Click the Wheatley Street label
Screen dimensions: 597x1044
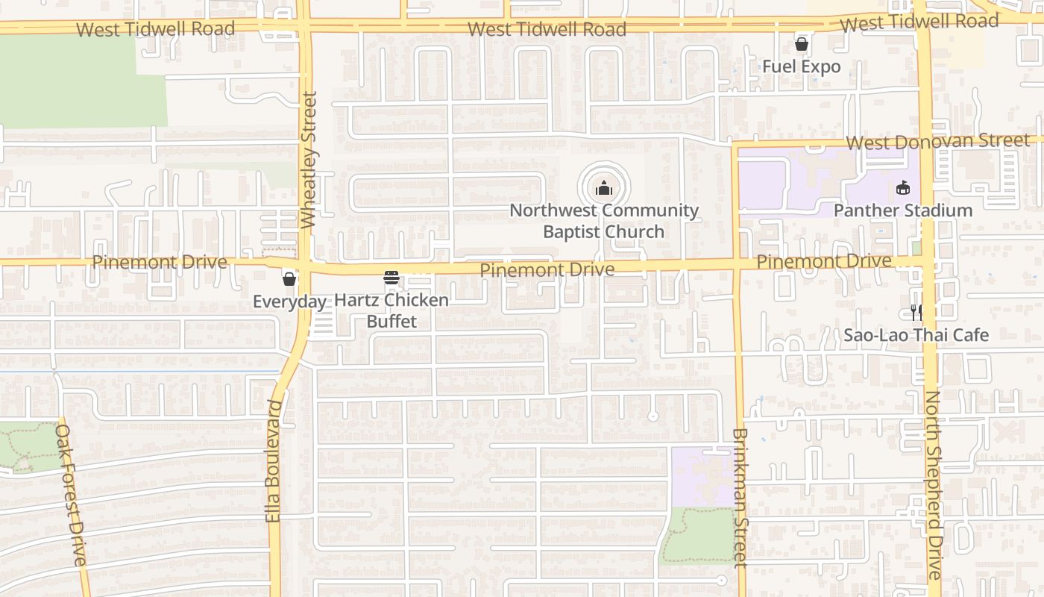309,159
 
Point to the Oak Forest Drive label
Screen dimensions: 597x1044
72,495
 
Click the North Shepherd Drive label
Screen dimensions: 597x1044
934,485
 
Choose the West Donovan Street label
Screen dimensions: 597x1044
938,142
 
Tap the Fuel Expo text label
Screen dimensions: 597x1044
801,66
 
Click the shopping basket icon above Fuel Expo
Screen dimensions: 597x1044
802,44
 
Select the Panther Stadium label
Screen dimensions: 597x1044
902,210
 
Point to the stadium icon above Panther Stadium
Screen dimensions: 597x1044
903,187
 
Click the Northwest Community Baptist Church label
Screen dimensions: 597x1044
604,221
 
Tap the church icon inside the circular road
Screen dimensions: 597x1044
604,188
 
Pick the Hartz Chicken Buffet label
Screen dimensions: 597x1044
391,310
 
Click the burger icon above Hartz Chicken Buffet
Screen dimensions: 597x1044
391,278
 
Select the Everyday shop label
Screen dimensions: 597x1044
289,301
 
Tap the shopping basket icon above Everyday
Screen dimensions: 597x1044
289,279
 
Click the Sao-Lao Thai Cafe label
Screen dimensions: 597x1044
916,335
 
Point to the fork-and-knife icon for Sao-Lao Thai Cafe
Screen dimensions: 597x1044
916,313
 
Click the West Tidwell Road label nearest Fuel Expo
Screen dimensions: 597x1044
919,22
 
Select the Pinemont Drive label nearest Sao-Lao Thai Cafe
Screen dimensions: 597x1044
824,261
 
